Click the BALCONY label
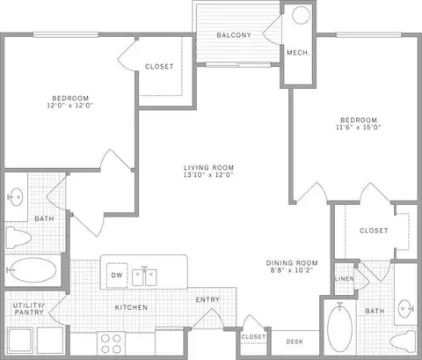pyautogui.click(x=235, y=35)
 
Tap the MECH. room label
pyautogui.click(x=296, y=53)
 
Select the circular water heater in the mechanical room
pyautogui.click(x=300, y=16)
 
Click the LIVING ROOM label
pyautogui.click(x=207, y=167)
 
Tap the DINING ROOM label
pyautogui.click(x=291, y=263)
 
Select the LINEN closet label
pyautogui.click(x=344, y=279)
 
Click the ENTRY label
pyautogui.click(x=207, y=300)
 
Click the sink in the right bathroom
pyautogui.click(x=405, y=309)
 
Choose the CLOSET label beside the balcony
pyautogui.click(x=159, y=67)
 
